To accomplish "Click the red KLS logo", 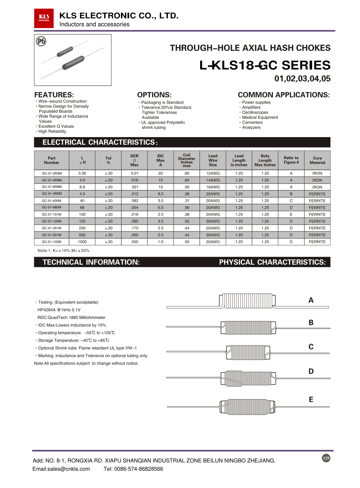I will coord(44,18).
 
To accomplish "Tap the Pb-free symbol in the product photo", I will coord(41,41).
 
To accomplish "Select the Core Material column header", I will coord(317,160).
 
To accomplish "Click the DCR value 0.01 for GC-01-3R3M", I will coord(134,173).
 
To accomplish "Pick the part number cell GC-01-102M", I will coord(51,242).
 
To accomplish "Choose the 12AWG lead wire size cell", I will coord(213,173).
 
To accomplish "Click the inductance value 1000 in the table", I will coord(82,242).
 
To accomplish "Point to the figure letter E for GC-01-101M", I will coord(291,214).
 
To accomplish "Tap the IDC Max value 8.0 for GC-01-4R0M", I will coord(161,194).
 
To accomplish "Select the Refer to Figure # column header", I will coord(291,160).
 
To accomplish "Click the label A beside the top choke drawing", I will coord(311,300).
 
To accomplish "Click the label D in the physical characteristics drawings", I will coord(311,371).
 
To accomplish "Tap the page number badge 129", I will coord(326,458).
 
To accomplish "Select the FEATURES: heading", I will coord(54,95).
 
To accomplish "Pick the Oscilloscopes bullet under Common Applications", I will coord(255,113).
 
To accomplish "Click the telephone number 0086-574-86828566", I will coord(139,469).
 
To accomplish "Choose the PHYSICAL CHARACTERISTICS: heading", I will coord(272,262).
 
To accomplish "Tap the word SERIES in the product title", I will coord(306,65).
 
